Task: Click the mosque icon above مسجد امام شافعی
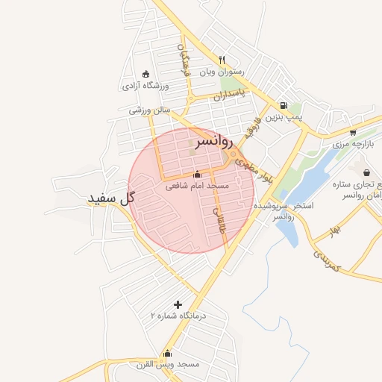click(197, 175)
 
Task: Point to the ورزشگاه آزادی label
click(146, 86)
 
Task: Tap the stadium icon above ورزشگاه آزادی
click(145, 74)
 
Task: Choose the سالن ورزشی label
click(149, 110)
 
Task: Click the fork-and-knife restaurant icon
click(222, 60)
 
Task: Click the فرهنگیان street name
click(184, 60)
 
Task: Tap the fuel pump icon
click(284, 106)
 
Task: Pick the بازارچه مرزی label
click(351, 142)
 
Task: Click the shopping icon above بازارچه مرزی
click(352, 131)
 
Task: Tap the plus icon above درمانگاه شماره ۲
click(178, 304)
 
